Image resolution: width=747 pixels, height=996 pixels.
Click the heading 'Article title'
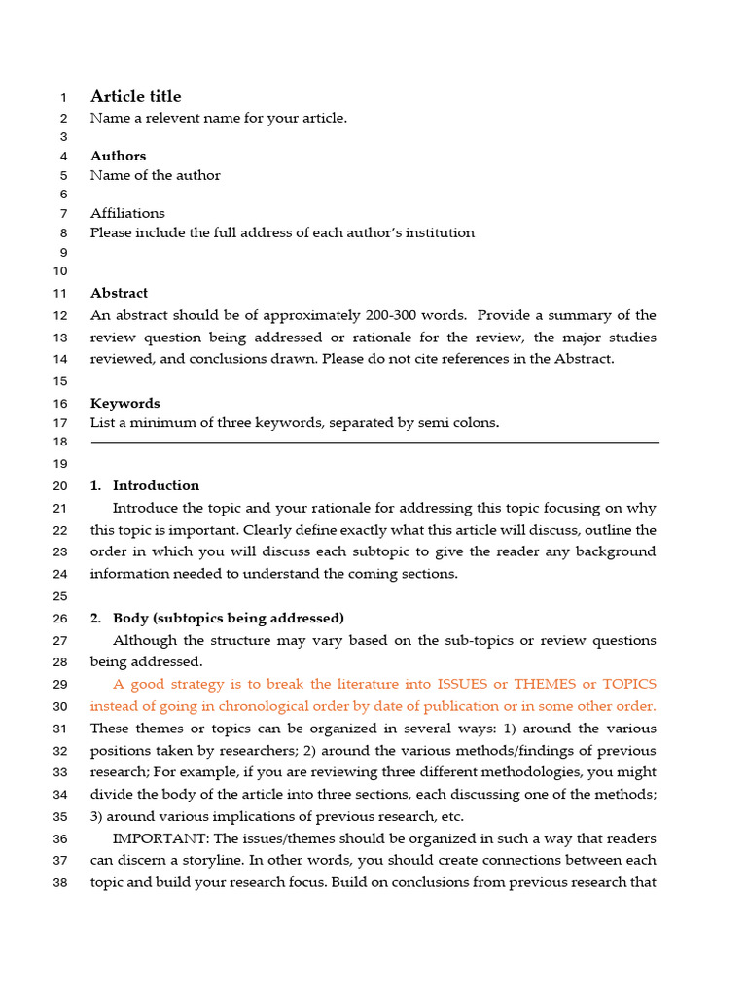[x=135, y=96]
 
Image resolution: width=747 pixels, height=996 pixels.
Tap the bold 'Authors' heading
[x=118, y=156]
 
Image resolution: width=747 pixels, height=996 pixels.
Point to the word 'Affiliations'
[x=127, y=213]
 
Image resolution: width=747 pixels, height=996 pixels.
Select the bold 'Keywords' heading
[x=124, y=403]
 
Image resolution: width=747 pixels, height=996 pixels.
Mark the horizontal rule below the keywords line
[x=374, y=443]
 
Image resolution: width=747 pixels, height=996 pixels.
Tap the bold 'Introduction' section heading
[x=156, y=485]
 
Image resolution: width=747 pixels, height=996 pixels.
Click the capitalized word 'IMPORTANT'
[x=157, y=838]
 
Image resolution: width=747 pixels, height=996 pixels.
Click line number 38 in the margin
[x=59, y=883]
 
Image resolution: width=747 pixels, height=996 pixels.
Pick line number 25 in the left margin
[x=59, y=596]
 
